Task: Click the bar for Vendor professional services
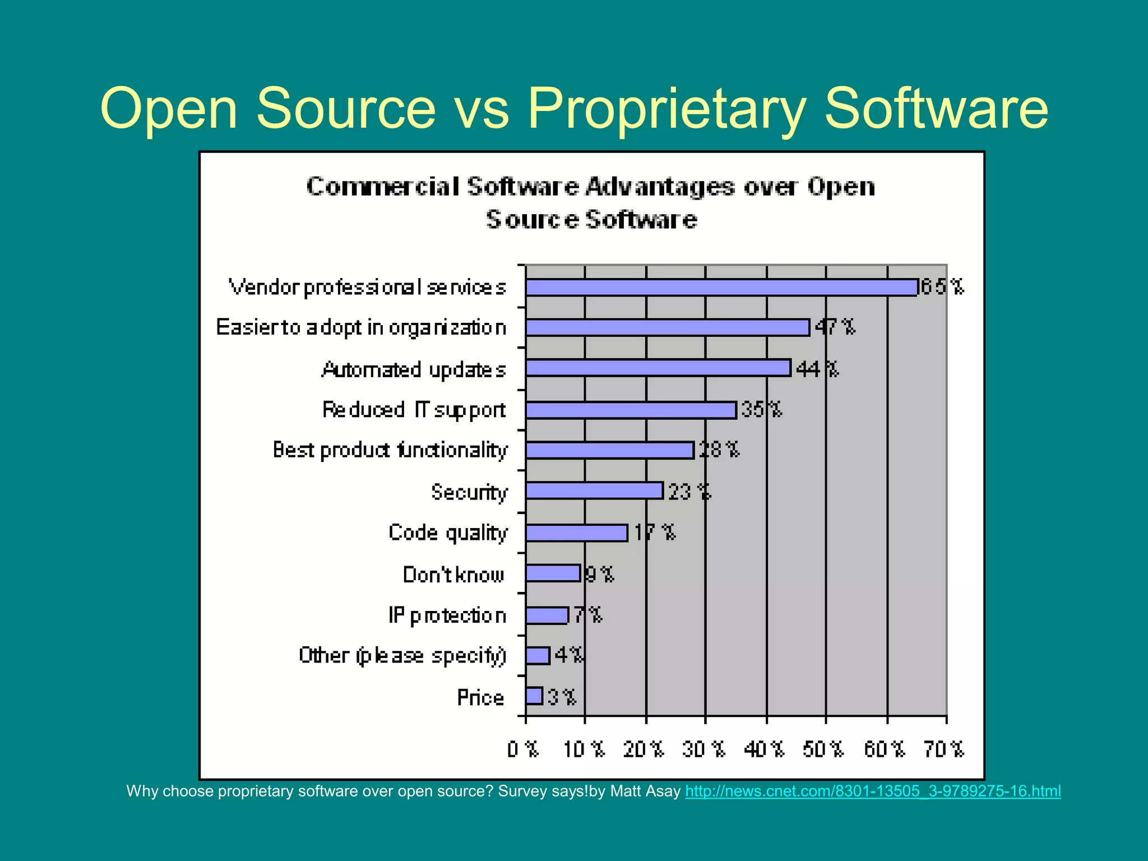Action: [721, 288]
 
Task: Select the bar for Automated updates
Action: [658, 368]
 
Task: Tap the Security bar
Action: [594, 491]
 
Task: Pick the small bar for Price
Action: [534, 696]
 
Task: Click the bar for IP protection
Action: [547, 615]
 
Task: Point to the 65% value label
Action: [942, 287]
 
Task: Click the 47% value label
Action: [835, 327]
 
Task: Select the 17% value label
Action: [655, 532]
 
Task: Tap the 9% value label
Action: [599, 575]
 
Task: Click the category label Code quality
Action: [448, 533]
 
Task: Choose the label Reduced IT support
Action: [414, 410]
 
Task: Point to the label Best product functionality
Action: [390, 450]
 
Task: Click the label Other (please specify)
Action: [402, 655]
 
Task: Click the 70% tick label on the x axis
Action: [944, 749]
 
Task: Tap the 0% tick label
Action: [522, 749]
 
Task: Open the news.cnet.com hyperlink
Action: [873, 791]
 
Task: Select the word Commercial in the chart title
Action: [383, 187]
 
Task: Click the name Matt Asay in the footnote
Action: [645, 791]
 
